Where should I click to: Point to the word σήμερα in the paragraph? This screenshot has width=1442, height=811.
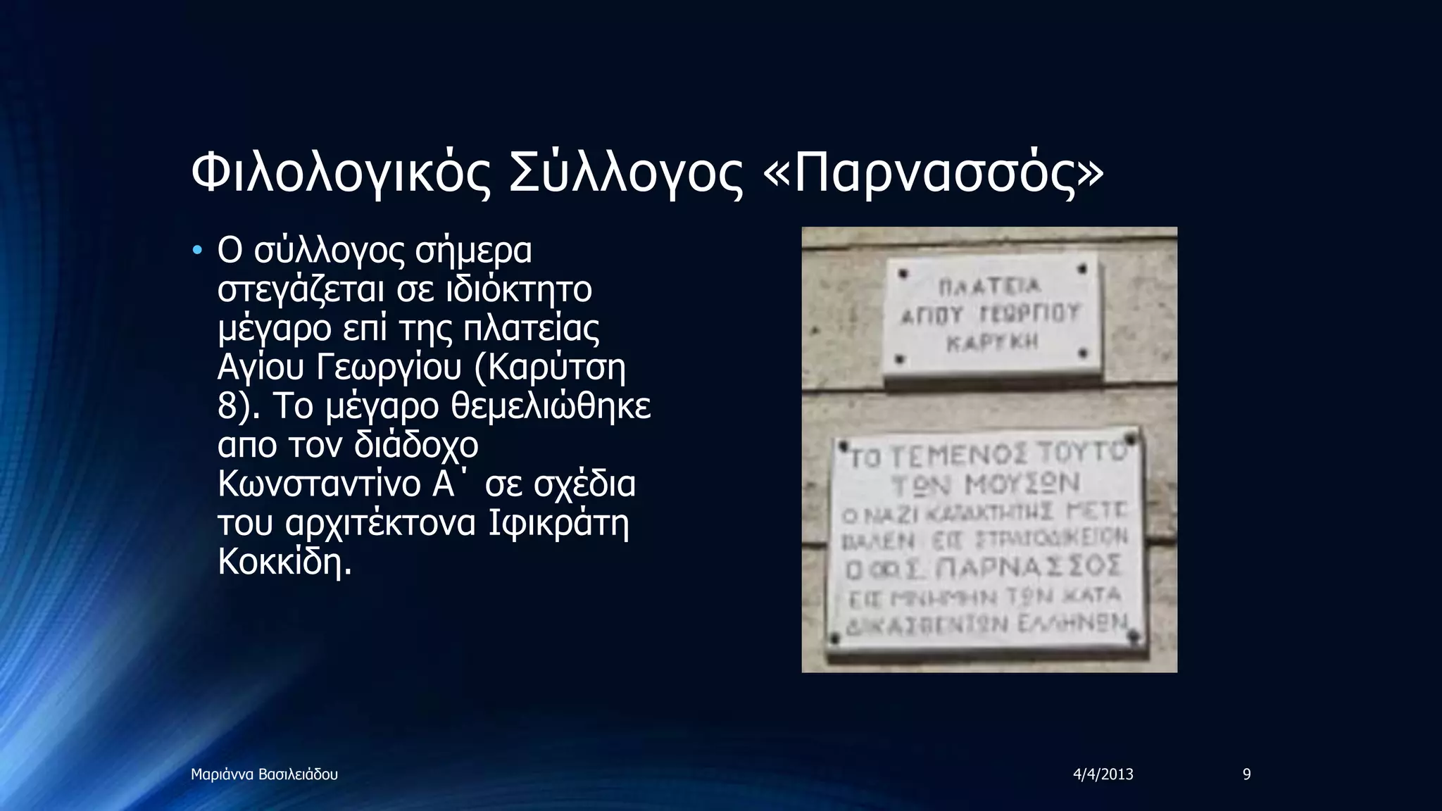[x=473, y=251]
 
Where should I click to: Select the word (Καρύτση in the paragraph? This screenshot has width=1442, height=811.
[x=550, y=367]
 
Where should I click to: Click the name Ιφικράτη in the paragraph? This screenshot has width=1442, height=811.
[x=559, y=523]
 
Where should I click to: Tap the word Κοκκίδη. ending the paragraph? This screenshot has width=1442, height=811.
[x=284, y=562]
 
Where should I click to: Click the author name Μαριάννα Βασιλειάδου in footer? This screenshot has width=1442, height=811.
[x=264, y=775]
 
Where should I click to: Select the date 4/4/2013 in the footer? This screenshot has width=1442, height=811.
[x=1103, y=775]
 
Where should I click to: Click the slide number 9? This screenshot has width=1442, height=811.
[x=1246, y=775]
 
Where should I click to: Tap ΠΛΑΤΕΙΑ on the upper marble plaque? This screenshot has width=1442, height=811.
[x=989, y=287]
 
